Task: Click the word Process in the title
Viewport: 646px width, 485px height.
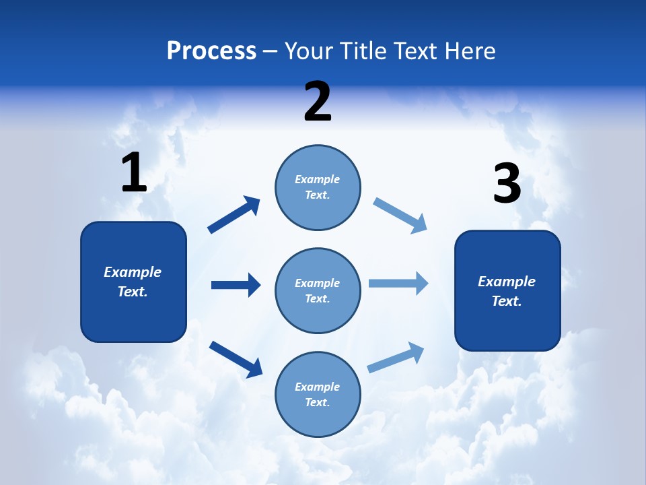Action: click(211, 51)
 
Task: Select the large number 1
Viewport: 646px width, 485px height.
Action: click(134, 173)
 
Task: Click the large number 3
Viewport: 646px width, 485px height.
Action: click(507, 184)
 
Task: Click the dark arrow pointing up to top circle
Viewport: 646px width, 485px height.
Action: click(234, 215)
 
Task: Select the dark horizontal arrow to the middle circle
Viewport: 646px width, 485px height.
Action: click(236, 285)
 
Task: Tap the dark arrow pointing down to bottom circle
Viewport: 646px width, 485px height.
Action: click(236, 358)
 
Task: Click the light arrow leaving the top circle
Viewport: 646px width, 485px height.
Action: click(400, 216)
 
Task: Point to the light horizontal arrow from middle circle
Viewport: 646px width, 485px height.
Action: click(398, 284)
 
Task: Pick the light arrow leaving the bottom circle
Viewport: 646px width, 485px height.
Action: click(396, 358)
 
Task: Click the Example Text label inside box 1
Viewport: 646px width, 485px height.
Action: click(133, 282)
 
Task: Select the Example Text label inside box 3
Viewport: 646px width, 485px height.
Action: click(507, 291)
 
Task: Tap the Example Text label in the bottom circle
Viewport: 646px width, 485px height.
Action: click(317, 394)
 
